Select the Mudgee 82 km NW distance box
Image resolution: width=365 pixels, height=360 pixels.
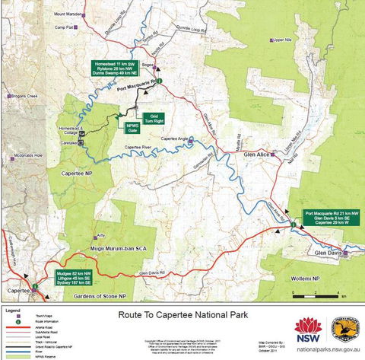[66, 276]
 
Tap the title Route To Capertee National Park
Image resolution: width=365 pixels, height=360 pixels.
[182, 312]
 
